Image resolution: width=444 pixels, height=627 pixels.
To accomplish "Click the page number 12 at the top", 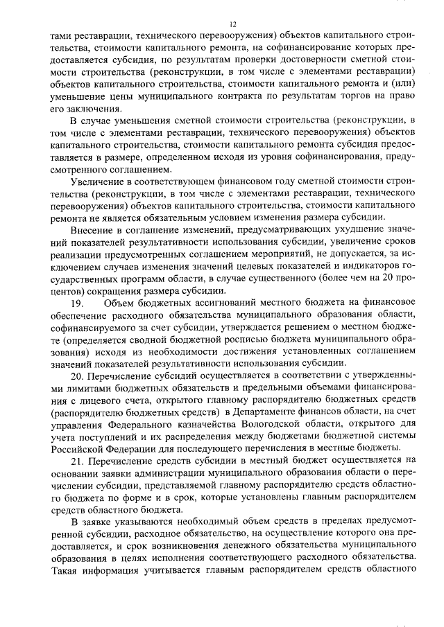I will pyautogui.click(x=223, y=24).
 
